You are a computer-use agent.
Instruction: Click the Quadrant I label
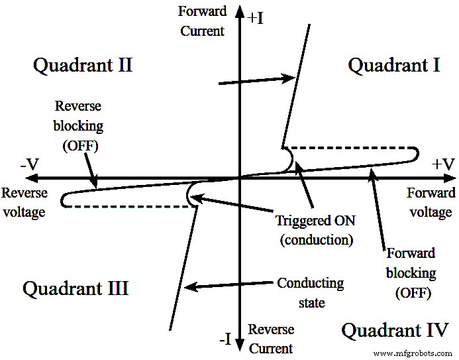(394, 65)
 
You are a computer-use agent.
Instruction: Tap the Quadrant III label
(76, 288)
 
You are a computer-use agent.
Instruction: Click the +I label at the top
(256, 18)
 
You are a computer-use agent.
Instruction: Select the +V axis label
(443, 164)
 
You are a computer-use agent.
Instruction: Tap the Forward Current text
(202, 21)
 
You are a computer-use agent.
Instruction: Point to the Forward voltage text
(431, 202)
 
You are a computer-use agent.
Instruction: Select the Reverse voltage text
(25, 202)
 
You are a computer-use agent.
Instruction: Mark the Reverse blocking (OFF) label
(79, 126)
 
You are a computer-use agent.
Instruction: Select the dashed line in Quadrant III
(132, 206)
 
